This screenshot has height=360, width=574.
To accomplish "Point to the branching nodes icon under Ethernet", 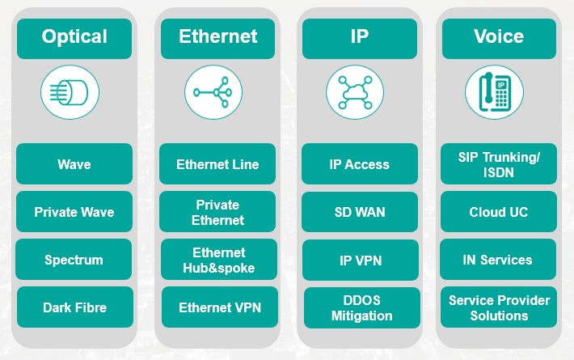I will pyautogui.click(x=213, y=93).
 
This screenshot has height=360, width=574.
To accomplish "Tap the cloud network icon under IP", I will pyautogui.click(x=356, y=93).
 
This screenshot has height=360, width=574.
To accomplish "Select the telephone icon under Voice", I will pyautogui.click(x=495, y=93).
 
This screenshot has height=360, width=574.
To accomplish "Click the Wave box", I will pyautogui.click(x=74, y=164).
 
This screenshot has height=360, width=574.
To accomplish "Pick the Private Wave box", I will pyautogui.click(x=74, y=212).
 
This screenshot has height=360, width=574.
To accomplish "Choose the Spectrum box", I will pyautogui.click(x=74, y=260).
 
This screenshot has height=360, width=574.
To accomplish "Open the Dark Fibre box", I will pyautogui.click(x=75, y=307).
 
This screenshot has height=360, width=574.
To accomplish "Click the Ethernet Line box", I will pyautogui.click(x=218, y=164).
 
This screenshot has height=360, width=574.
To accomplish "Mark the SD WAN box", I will pyautogui.click(x=360, y=212).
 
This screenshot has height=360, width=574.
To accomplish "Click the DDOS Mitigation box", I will pyautogui.click(x=361, y=307).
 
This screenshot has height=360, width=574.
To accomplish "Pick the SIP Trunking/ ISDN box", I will pyautogui.click(x=499, y=164).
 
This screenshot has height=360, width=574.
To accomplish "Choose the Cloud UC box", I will pyautogui.click(x=499, y=212).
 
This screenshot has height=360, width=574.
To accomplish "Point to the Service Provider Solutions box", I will pyautogui.click(x=499, y=307).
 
